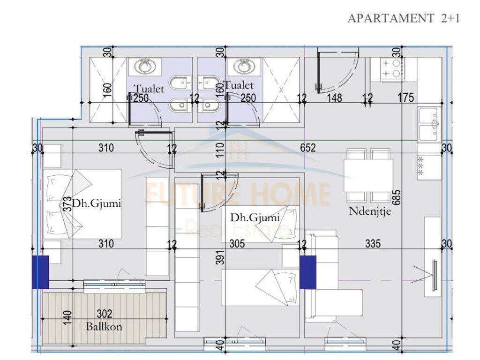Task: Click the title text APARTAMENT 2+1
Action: tap(404, 18)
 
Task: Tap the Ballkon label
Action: tap(104, 326)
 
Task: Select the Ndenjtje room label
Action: tap(370, 211)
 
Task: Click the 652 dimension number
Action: tap(308, 148)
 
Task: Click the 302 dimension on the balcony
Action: tap(104, 315)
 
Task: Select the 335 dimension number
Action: tap(373, 244)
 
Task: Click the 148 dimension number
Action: tap(335, 98)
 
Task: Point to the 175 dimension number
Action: tap(405, 98)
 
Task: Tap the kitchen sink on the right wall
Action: tap(429, 124)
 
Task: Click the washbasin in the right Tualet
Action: tap(242, 67)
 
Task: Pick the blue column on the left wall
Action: tap(40, 272)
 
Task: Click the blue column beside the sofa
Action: tap(307, 272)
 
